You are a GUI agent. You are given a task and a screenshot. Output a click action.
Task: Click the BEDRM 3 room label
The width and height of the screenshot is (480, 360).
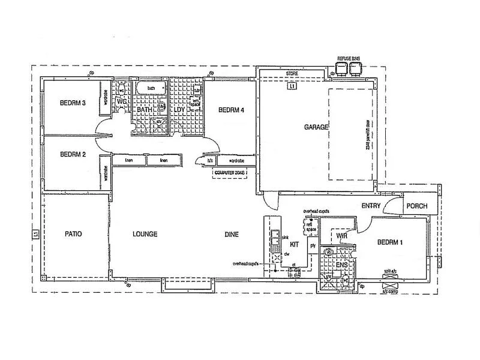coord(73,103)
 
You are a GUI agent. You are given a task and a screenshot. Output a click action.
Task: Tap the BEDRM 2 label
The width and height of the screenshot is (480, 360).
coord(73,154)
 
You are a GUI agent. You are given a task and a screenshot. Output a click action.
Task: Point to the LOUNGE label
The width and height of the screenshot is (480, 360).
coord(145,234)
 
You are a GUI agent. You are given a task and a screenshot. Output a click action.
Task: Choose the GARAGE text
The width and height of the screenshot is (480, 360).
coord(316,127)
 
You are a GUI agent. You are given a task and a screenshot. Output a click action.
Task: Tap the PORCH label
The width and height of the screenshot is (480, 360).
coord(416,206)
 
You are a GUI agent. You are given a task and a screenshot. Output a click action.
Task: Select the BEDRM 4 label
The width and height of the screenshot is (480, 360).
coord(231,110)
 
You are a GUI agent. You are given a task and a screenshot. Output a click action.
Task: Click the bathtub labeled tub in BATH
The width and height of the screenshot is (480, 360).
coord(151,89)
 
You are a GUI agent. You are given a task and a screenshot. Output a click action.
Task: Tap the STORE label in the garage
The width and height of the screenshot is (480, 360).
coord(292,74)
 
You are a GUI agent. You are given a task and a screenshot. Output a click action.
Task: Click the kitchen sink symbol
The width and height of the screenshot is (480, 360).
coord(275,239)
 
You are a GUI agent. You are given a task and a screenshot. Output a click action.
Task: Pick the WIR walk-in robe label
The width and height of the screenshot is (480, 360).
coord(343,236)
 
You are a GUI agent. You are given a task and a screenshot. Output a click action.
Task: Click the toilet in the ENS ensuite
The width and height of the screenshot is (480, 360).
coord(346,280)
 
